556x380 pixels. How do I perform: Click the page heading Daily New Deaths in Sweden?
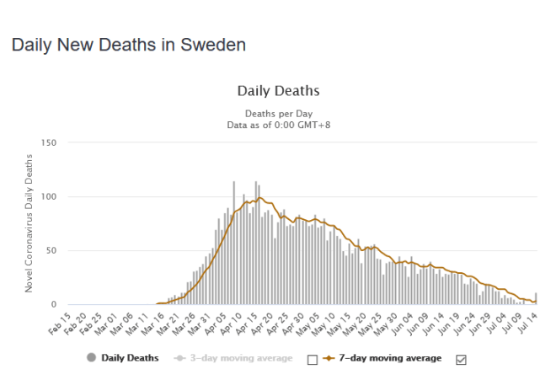129,45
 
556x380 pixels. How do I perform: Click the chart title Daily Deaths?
278,90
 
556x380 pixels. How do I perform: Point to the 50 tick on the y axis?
51,250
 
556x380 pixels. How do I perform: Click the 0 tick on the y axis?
54,304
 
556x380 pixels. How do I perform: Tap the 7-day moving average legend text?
390,358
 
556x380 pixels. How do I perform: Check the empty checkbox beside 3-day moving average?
313,360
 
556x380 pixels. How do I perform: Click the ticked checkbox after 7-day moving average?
461,360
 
